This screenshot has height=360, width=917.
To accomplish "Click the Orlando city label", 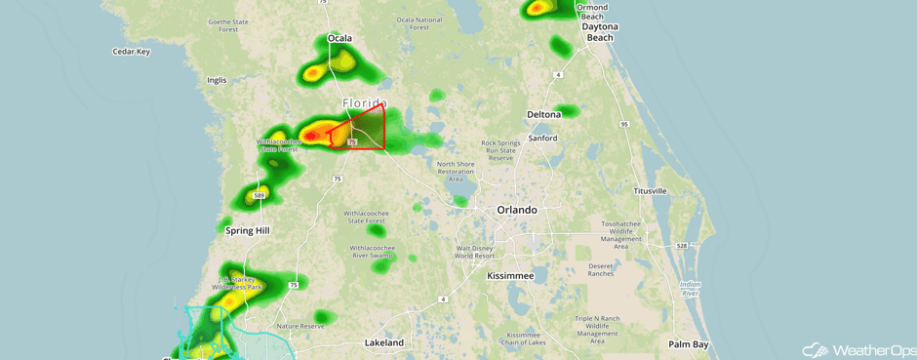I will click(x=516, y=210).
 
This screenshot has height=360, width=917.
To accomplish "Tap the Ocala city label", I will click(x=339, y=39).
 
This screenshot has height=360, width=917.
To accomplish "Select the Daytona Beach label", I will click(x=599, y=32).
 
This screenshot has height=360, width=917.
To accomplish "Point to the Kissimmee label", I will click(x=510, y=276).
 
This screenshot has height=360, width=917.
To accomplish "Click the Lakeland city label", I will click(x=383, y=342).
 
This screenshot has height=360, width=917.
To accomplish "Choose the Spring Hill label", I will click(x=247, y=231).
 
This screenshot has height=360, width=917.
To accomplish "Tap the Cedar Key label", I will click(x=131, y=52).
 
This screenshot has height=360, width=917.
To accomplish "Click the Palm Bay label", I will click(x=688, y=344).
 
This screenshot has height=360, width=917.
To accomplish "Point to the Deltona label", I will click(x=543, y=114).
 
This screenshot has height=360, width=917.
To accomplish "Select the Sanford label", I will click(x=542, y=139).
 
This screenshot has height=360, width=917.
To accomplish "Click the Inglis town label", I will click(x=216, y=80).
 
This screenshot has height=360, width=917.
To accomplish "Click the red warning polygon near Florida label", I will click(x=366, y=130).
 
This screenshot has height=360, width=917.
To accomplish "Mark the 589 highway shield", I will click(x=259, y=196).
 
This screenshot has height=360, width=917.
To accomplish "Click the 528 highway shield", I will click(x=682, y=245).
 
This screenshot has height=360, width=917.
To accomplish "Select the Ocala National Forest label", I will click(x=419, y=23).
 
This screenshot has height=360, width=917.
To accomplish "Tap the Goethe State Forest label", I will click(x=228, y=25).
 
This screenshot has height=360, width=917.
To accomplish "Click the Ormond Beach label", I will click(x=591, y=13).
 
